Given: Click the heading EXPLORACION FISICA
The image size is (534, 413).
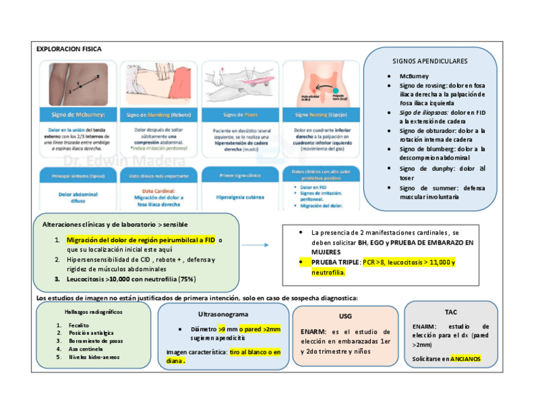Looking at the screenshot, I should pyautogui.click(x=69, y=49).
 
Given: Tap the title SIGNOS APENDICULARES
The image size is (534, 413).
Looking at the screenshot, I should pyautogui.click(x=429, y=61).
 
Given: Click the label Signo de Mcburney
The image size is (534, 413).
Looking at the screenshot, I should pyautogui.click(x=77, y=115).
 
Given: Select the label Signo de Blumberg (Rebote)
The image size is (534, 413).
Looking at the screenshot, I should pyautogui.click(x=158, y=115).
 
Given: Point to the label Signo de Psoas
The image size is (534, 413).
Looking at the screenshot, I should pyautogui.click(x=239, y=115).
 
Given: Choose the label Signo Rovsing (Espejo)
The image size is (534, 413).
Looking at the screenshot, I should pyautogui.click(x=321, y=115).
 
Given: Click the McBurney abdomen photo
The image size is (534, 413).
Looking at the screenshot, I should pyautogui.click(x=77, y=83).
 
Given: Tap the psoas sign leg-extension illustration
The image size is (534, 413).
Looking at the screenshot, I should pyautogui.click(x=239, y=83).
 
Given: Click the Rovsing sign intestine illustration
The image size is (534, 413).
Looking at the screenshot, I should pyautogui.click(x=321, y=83).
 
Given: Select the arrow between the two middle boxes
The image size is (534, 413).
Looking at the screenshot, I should pyautogui.click(x=256, y=245).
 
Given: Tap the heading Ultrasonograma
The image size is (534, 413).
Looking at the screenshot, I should pyautogui.click(x=223, y=314).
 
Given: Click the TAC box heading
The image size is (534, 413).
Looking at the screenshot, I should pyautogui.click(x=451, y=312).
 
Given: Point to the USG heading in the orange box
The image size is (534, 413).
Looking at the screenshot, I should pyautogui.click(x=345, y=315).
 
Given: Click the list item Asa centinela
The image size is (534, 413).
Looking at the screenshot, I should pyautogui.click(x=86, y=349).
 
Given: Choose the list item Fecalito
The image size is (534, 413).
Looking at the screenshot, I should pyautogui.click(x=80, y=325).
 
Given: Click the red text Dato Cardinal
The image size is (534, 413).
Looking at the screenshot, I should pyautogui.click(x=158, y=190).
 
